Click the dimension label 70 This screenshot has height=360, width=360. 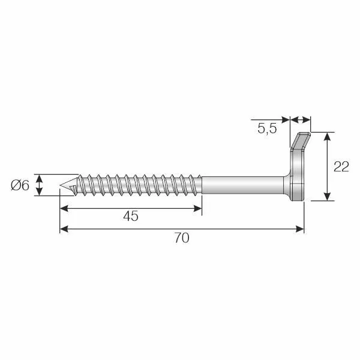point(182,238)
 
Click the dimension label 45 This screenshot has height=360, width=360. point(131,216)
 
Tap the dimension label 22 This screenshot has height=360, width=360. point(341,167)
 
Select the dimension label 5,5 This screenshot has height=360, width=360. point(267,128)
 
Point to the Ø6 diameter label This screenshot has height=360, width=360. point(20,185)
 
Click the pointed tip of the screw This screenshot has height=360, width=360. point(60,185)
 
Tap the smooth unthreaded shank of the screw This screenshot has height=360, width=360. point(242,185)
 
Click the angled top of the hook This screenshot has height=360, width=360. point(301,140)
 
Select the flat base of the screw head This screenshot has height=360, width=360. point(298,192)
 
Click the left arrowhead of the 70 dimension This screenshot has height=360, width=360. point(64,229)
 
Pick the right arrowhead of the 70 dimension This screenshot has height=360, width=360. point(300,229)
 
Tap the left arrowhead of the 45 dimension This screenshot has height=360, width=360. point(64,208)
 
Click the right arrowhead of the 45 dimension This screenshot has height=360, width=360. point(197,208)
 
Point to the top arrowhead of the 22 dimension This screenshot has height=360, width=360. point(327,137)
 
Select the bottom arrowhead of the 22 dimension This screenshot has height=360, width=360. point(327,196)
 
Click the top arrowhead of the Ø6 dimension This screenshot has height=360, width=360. point(40,178)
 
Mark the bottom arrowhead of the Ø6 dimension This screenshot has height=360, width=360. point(40,192)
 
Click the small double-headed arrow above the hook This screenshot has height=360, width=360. point(301,119)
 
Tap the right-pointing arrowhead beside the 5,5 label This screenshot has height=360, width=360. point(286,119)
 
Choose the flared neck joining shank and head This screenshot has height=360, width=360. point(287,185)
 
